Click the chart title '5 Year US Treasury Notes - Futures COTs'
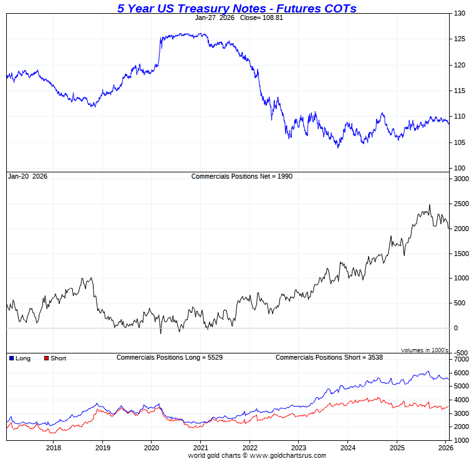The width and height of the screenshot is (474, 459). point(237,8)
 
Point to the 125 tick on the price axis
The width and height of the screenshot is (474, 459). point(460,39)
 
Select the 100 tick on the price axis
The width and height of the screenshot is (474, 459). point(460,168)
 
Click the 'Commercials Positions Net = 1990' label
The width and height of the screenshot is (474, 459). point(241,176)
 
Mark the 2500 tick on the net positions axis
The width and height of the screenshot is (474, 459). point(461,204)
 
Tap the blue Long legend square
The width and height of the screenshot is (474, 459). point(12,358)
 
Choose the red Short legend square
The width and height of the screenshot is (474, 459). point(46,358)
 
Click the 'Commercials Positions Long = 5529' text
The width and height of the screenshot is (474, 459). point(170,357)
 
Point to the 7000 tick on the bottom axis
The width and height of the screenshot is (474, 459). point(461,360)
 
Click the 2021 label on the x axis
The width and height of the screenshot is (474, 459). point(200,448)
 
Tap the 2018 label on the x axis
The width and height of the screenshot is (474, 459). point(54,448)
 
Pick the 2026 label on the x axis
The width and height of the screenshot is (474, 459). point(445,448)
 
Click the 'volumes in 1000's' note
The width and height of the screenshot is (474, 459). point(425,350)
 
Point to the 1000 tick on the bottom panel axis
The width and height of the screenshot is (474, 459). point(461,440)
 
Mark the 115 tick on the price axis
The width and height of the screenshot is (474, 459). point(460,91)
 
